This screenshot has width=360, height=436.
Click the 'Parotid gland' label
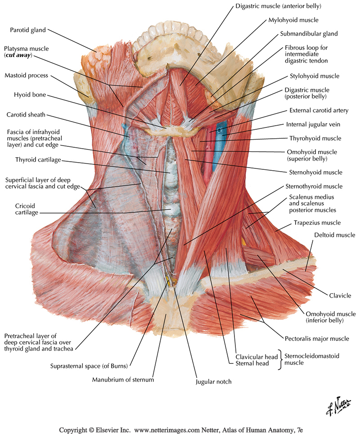pyautogui.click(x=27, y=30)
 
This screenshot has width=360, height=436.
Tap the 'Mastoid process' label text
pyautogui.click(x=26, y=76)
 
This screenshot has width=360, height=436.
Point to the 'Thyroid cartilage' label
pyautogui.click(x=38, y=159)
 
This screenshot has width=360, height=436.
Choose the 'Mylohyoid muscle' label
pyautogui.click(x=293, y=20)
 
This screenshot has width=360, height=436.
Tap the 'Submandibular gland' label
pyautogui.click(x=308, y=33)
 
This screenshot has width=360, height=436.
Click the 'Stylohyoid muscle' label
pyautogui.click(x=315, y=76)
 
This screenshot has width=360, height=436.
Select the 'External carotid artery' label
pyautogui.click(x=319, y=110)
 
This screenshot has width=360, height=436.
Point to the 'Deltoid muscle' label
pyautogui.click(x=334, y=235)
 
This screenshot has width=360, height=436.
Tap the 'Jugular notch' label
pyautogui.click(x=213, y=381)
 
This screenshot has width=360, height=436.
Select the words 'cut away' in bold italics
pyautogui.click(x=18, y=55)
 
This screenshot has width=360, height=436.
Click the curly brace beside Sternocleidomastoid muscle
pyautogui.click(x=281, y=359)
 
